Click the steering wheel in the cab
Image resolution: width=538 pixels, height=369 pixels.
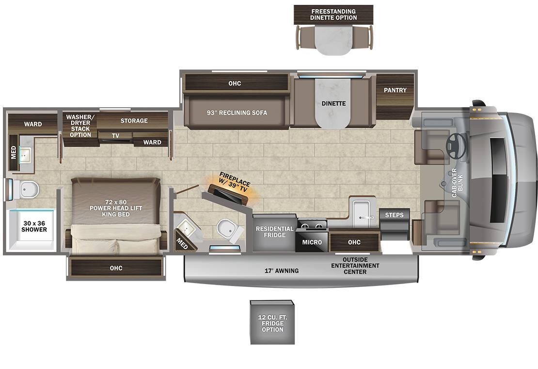[x=457, y=146]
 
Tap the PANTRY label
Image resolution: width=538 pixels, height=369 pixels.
[x=395, y=90]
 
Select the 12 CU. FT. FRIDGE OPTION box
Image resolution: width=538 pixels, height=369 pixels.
[x=272, y=322]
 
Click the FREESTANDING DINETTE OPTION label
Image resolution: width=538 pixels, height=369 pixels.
[x=333, y=15]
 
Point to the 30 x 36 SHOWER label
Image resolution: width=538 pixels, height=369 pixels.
[x=34, y=226]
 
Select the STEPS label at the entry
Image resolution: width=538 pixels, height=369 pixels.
[x=394, y=215]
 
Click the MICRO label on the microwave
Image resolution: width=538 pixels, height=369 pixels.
[x=312, y=242]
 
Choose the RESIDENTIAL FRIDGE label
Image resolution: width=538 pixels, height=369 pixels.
[x=274, y=232]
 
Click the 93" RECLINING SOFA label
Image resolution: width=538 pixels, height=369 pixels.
[x=237, y=113]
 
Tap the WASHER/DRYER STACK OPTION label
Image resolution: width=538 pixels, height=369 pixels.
[x=80, y=126]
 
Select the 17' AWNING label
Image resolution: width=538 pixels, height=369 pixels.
[x=281, y=271]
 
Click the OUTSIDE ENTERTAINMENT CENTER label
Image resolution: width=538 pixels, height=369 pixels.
[x=355, y=266]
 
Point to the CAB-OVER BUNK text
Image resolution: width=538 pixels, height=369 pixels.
[x=457, y=183]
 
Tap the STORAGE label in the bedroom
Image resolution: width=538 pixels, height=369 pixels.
[x=134, y=120]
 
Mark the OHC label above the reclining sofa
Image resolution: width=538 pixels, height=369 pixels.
[x=235, y=84]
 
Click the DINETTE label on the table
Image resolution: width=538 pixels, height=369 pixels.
[x=333, y=103]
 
